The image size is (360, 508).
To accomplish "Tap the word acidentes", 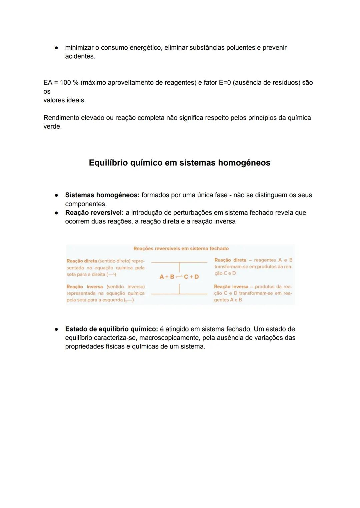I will [x=80, y=56].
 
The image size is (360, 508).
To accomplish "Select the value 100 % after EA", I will [x=69, y=83].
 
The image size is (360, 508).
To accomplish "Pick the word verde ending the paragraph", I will [x=52, y=127].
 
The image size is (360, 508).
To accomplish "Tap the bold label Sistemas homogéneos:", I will [x=102, y=195].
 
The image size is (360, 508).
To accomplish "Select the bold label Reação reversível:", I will [x=94, y=213].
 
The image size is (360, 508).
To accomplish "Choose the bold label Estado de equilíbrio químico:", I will [x=111, y=329].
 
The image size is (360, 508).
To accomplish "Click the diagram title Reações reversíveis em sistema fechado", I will [x=181, y=249].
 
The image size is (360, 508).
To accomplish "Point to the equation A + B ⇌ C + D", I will [x=179, y=276].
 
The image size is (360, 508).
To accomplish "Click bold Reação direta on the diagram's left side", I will [x=82, y=261].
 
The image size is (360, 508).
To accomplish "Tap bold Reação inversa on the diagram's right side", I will [x=231, y=286].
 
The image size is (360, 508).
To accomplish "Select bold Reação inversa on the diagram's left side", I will [x=85, y=286].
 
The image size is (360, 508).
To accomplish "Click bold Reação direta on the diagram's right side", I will [x=230, y=260].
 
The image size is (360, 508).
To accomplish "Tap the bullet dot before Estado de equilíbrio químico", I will [x=57, y=329].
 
